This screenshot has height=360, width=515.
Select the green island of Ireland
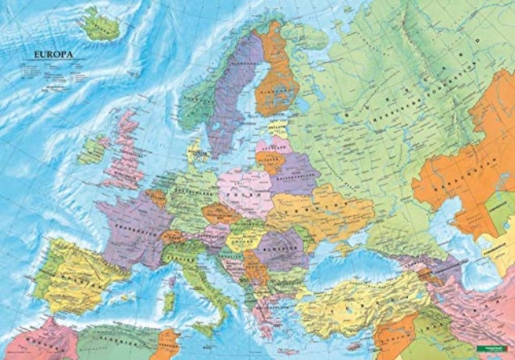[x=93, y=148]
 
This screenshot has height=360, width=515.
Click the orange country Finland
[x=276, y=72]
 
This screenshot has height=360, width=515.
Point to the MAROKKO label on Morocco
[x=32, y=339]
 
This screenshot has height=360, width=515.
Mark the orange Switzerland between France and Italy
[x=171, y=237]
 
